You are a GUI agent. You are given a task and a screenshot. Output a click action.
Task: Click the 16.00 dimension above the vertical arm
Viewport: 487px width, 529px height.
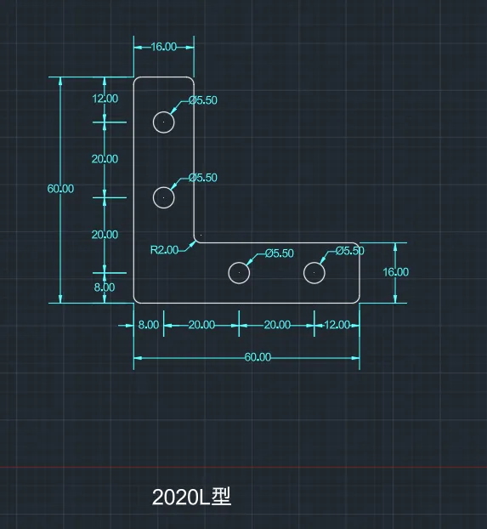[x=163, y=47]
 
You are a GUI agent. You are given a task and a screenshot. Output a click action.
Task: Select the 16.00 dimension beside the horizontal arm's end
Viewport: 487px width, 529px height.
[x=395, y=272]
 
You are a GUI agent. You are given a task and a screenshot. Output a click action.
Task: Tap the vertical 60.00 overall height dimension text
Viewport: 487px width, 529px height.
[x=60, y=189]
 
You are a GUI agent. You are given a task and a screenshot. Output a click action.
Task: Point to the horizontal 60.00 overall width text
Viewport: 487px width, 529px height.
[x=258, y=357]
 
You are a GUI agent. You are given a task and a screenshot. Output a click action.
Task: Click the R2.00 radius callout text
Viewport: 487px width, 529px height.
[x=164, y=250]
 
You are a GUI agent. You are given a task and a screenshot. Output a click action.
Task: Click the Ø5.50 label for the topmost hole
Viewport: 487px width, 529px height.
[x=203, y=100]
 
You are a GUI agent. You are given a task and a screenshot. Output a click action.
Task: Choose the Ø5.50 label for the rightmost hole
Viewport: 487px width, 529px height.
[x=350, y=251]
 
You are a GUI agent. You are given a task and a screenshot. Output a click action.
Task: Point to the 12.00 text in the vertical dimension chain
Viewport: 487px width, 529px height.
[x=105, y=99]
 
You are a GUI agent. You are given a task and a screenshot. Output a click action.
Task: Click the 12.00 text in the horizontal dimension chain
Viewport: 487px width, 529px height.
[x=337, y=325]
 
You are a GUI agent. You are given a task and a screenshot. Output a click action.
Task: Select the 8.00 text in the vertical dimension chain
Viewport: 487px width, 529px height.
[x=105, y=287]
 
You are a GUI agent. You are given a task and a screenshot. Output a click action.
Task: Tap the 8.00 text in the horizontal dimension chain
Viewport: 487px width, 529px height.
[x=149, y=325]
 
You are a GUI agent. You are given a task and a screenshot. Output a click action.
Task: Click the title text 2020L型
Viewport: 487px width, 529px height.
[x=191, y=497]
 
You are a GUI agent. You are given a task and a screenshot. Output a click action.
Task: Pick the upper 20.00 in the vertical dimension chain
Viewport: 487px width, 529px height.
[x=105, y=159]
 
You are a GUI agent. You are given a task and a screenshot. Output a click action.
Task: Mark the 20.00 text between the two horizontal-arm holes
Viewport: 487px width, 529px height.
[x=277, y=325]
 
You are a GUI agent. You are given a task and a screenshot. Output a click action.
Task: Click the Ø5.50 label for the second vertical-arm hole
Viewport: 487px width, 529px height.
[x=203, y=178]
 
